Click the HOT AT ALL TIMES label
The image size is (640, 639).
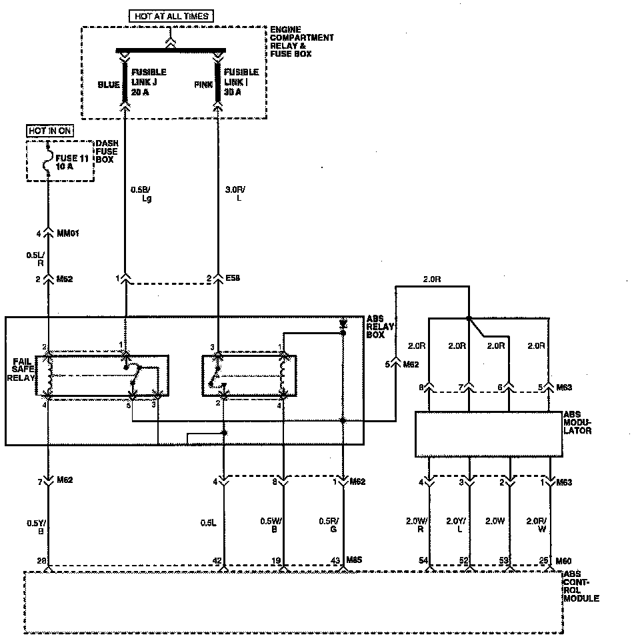click(x=171, y=16)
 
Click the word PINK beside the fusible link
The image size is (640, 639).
click(x=203, y=85)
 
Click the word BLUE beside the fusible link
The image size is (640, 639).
click(x=109, y=85)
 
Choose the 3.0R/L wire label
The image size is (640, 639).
click(x=236, y=193)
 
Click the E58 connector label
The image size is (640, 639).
click(x=232, y=277)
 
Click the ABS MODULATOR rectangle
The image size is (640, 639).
click(x=489, y=434)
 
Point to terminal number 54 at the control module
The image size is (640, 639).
click(x=423, y=562)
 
